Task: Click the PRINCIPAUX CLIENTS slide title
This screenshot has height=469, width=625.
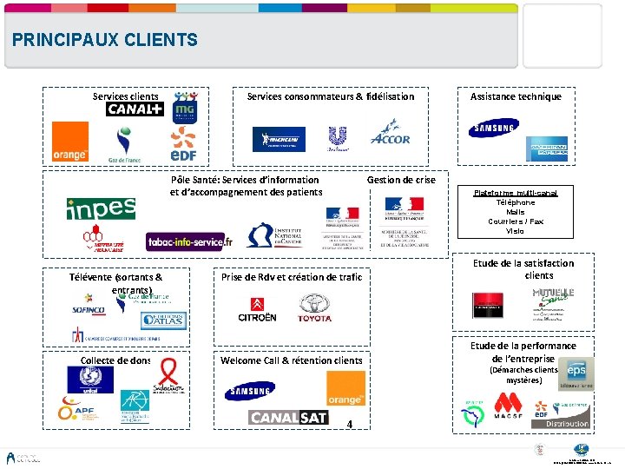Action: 105,40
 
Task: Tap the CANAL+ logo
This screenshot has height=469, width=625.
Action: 135,109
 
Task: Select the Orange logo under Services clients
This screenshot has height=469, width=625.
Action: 70,142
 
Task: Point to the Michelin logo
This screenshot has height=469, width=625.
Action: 279,139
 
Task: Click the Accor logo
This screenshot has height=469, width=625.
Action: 390,135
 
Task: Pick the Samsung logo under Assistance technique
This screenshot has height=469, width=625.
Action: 493,129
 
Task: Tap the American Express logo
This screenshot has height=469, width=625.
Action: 547,149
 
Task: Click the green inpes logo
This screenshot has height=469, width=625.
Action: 101,208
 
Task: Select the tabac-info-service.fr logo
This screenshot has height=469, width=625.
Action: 190,241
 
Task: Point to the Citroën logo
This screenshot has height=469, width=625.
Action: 258,309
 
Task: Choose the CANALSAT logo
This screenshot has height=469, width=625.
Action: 289,418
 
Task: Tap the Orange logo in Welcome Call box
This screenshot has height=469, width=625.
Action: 345,388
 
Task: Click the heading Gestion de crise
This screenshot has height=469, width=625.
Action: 401,180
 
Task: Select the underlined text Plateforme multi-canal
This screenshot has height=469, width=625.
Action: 516,193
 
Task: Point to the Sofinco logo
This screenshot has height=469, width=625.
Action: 89,308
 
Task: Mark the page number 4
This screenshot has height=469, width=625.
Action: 348,425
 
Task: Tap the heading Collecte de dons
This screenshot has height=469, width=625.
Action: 115,360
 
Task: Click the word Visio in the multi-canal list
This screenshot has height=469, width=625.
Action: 516,231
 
